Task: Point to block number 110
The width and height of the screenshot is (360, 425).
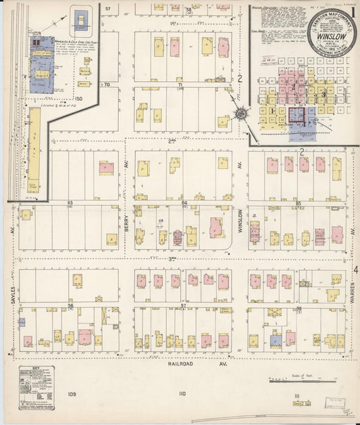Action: click(181, 394)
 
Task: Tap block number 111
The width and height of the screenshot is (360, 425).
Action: click(296, 395)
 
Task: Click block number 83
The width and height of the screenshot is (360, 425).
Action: click(70, 203)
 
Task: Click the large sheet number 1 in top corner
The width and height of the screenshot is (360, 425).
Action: click(353, 12)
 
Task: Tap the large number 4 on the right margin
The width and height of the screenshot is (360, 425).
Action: click(354, 270)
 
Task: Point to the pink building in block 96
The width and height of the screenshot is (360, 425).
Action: click(85, 336)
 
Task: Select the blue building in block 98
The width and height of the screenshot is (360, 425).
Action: click(276, 341)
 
